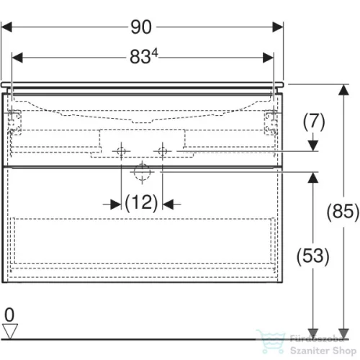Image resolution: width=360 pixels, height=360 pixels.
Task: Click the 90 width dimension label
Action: [x=141, y=27]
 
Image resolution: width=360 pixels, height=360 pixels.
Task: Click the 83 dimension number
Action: [x=140, y=57]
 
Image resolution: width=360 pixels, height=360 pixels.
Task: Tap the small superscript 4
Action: [x=155, y=53]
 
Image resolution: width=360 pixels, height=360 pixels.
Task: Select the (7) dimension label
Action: [x=314, y=122]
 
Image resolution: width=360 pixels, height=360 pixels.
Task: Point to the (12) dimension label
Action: [x=142, y=203]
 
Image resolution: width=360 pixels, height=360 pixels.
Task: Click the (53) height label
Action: [x=312, y=256]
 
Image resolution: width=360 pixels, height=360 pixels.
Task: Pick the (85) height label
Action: [x=343, y=212]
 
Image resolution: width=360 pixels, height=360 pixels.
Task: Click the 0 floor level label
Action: [x=9, y=315]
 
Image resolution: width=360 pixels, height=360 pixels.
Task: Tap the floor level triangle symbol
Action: [x=10, y=331]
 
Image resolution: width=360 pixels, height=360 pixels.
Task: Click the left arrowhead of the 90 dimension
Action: [x=6, y=27]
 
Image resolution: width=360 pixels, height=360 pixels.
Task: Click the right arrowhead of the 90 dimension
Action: [x=278, y=27]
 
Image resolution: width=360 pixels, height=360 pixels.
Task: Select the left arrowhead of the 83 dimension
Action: [x=17, y=58]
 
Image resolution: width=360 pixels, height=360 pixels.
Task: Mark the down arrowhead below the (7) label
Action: [x=313, y=145]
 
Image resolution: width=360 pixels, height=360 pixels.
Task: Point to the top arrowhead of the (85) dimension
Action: [x=343, y=90]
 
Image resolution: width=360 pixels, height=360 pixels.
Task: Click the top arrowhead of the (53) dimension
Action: [x=313, y=178]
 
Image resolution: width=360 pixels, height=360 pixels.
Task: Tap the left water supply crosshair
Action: [x=121, y=151]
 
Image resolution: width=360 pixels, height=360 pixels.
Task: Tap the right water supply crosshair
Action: [x=163, y=151]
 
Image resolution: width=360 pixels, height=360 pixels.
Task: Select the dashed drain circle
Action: [x=142, y=172]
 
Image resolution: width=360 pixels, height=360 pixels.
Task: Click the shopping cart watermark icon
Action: [x=271, y=341]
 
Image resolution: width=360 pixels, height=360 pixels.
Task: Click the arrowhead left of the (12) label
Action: [x=116, y=204]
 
